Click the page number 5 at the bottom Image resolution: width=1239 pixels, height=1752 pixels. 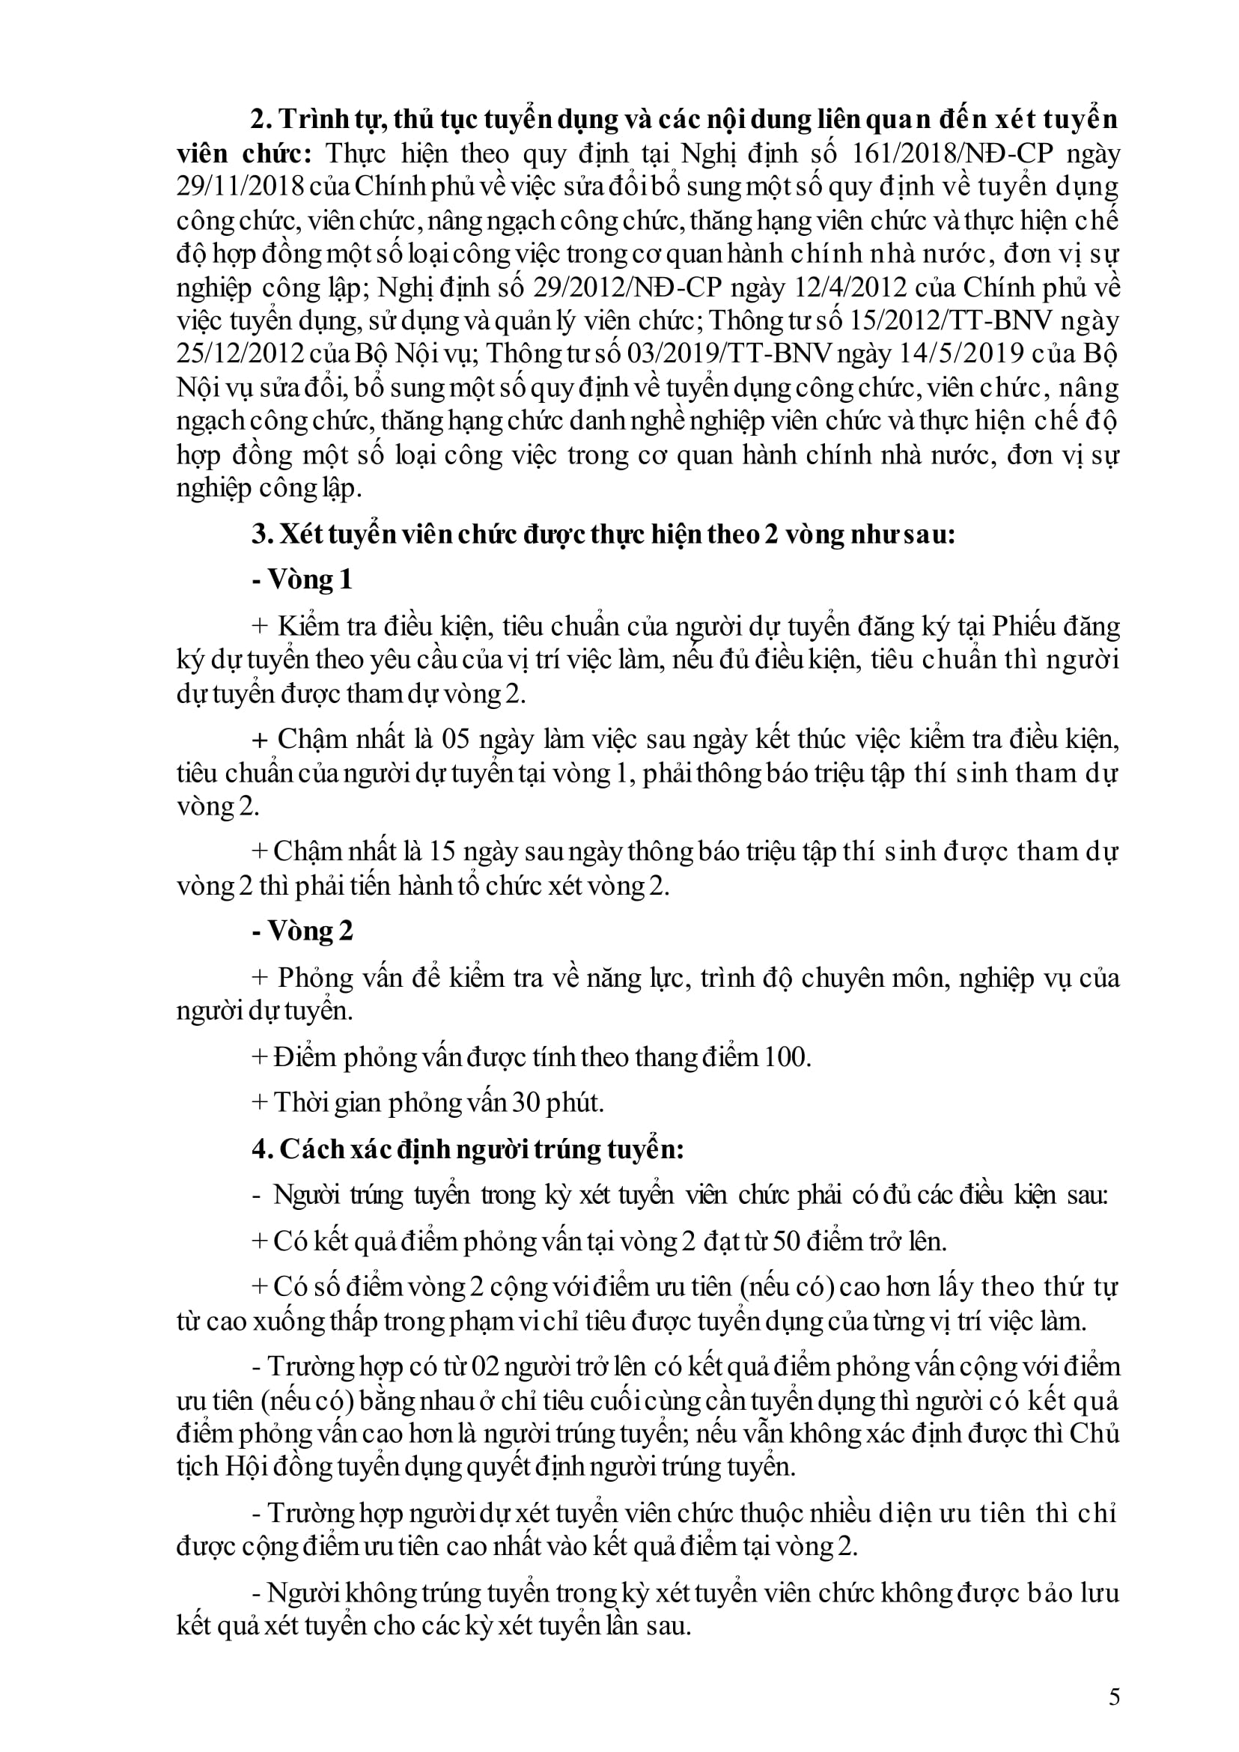click(x=1114, y=1697)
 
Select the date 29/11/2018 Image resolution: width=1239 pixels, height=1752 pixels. click(x=240, y=187)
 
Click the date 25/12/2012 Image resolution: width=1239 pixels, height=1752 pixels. click(x=240, y=355)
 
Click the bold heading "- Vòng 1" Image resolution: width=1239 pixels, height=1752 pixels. click(x=302, y=580)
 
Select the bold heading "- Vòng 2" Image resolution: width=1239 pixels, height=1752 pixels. click(x=302, y=931)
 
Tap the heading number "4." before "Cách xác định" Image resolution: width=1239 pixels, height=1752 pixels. click(x=263, y=1149)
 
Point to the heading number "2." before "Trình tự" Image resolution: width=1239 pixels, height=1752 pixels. click(x=263, y=120)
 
